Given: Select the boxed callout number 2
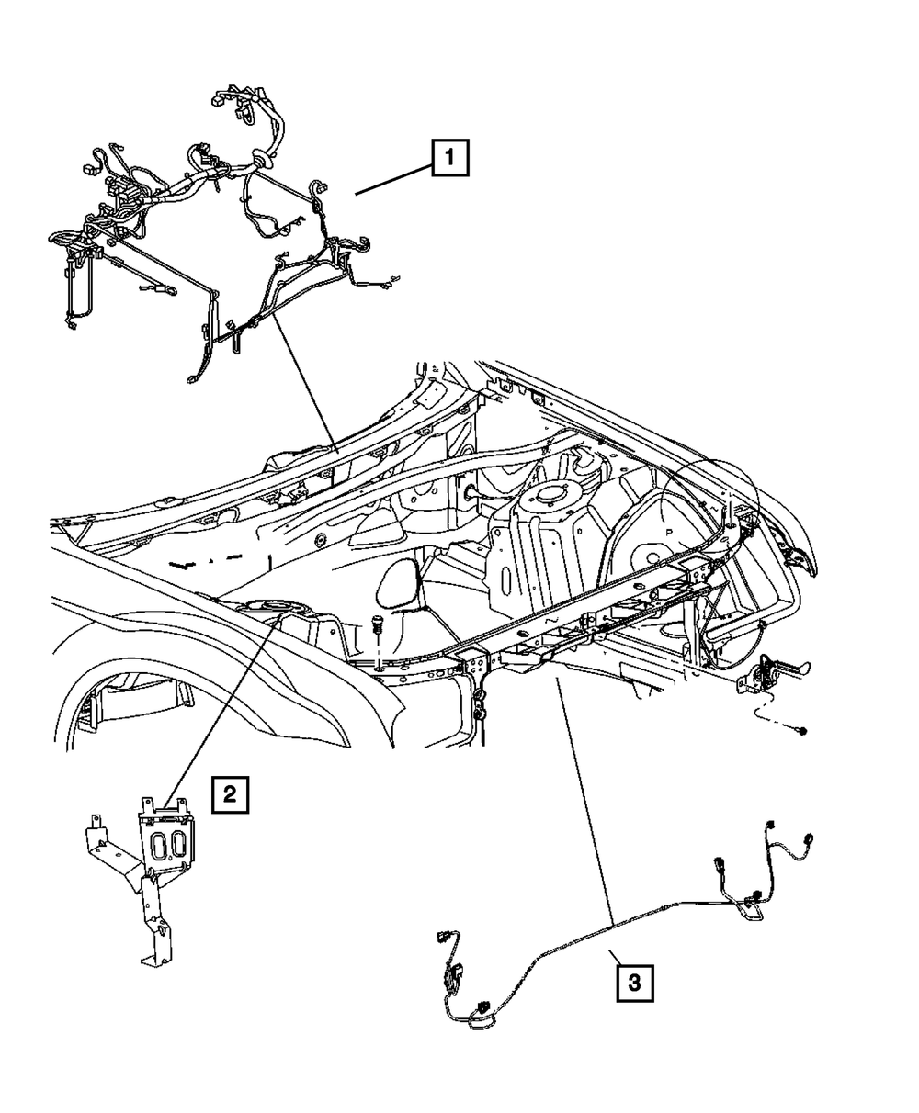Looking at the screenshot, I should tap(229, 793).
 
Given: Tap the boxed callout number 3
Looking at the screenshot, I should tap(634, 982).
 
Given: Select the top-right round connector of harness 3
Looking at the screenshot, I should tap(811, 838).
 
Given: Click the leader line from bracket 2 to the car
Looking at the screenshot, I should tap(221, 707).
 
